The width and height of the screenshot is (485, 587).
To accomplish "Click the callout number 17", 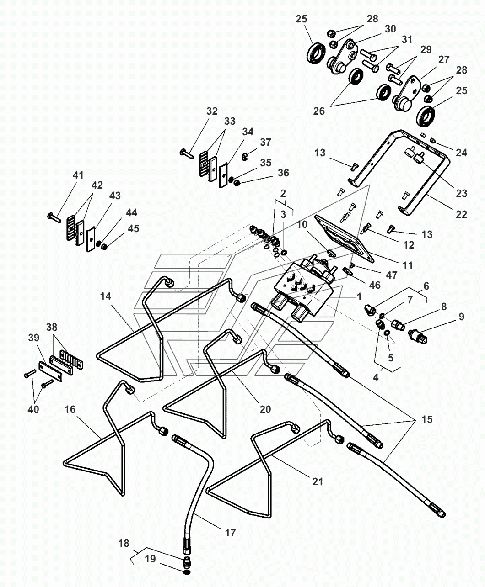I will point(230,532).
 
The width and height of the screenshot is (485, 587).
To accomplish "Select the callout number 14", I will point(106,296).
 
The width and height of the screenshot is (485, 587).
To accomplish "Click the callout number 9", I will point(461,316).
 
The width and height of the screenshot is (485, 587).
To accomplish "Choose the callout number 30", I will point(390,29).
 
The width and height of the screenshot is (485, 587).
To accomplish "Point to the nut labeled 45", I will point(104,247).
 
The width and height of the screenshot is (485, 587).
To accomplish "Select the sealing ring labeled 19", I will point(187,572).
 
